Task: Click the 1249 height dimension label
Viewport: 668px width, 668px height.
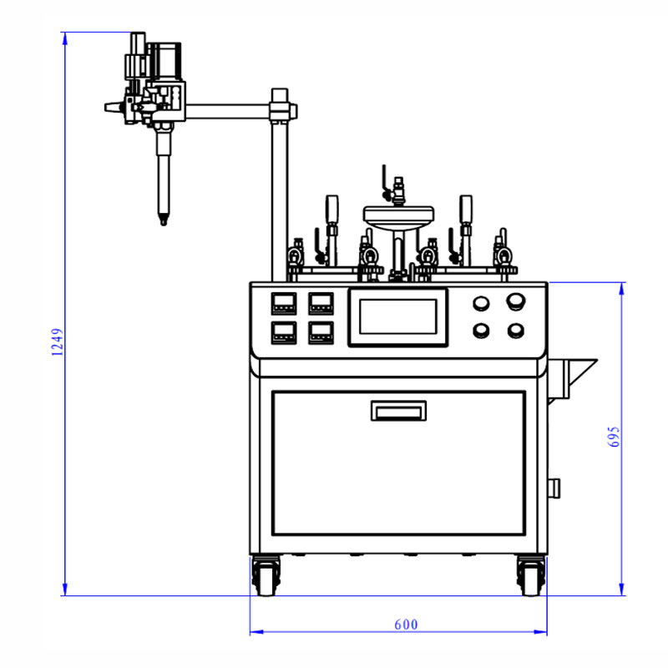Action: point(57,342)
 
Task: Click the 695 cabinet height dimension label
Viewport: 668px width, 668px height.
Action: point(614,436)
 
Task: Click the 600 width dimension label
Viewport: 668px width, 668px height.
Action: point(406,625)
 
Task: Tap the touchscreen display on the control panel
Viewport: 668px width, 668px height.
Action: point(398,317)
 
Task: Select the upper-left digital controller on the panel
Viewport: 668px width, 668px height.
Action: point(284,303)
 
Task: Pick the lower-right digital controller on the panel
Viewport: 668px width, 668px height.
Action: point(321,332)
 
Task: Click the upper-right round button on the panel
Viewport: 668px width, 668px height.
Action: point(515,301)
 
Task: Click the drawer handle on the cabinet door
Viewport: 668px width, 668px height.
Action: point(398,411)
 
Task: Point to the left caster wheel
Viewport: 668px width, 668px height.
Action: point(266,575)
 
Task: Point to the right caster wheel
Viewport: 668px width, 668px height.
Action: point(531,575)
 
